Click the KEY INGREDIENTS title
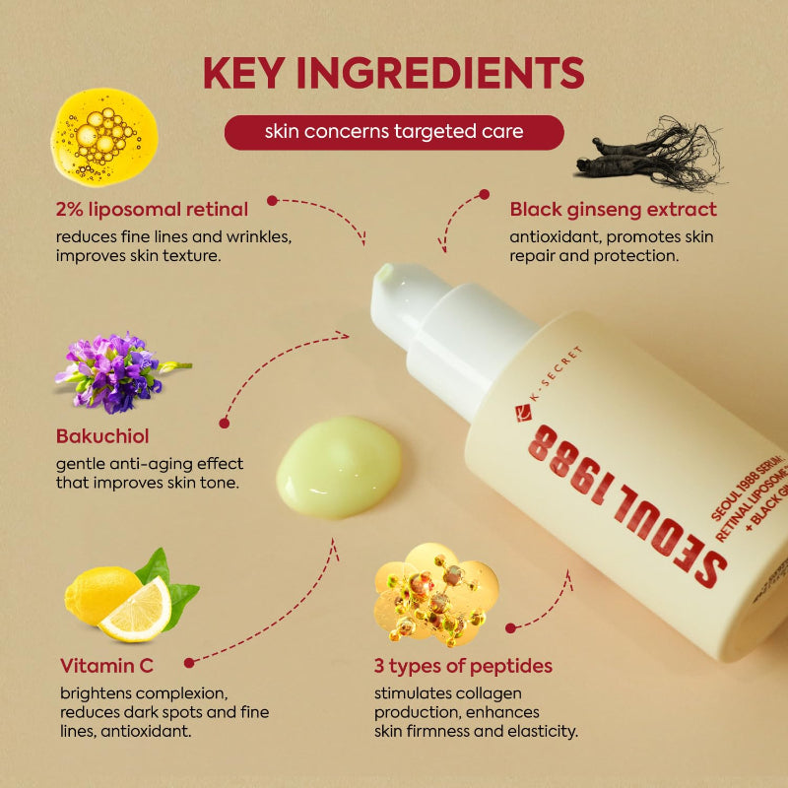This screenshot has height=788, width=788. coord(393,73)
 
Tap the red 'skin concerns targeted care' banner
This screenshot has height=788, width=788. coord(394,132)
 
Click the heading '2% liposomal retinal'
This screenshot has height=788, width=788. coord(152,209)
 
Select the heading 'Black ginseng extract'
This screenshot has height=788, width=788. coord(613,209)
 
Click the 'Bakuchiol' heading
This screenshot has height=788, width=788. coord(102,435)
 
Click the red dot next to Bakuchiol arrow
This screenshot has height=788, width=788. coord(225,423)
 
